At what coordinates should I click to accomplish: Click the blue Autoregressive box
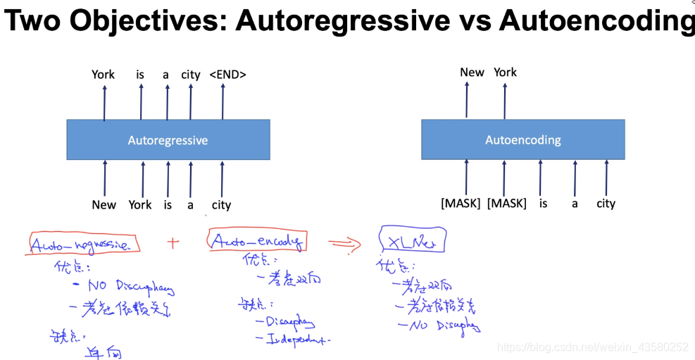[x=168, y=139]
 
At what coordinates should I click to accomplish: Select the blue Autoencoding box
[x=522, y=139]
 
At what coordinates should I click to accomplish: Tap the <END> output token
[x=227, y=75]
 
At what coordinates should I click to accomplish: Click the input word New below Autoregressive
[x=104, y=205]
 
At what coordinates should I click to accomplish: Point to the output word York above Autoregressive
[x=103, y=75]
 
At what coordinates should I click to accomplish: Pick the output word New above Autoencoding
[x=472, y=73]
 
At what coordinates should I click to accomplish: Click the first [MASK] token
[x=461, y=204]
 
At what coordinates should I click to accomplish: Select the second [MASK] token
[x=506, y=204]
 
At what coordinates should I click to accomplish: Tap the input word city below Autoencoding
[x=606, y=204]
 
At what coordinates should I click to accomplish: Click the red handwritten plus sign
[x=173, y=242]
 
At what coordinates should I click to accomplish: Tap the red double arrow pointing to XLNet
[x=344, y=243]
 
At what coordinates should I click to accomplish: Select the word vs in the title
[x=475, y=21]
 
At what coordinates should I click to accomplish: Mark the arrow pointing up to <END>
[x=223, y=101]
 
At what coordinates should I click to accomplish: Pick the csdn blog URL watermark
[x=592, y=347]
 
